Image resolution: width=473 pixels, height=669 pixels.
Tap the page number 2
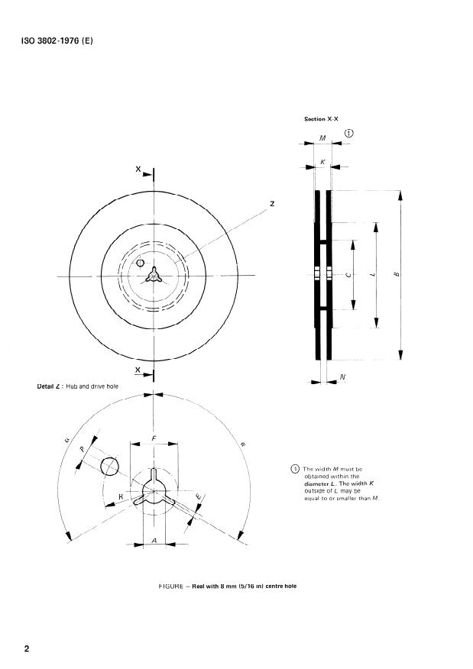(27, 649)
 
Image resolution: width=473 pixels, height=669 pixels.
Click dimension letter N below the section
(342, 377)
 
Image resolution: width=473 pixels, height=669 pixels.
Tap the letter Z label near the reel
(271, 204)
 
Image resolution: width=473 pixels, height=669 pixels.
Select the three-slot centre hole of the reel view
(154, 276)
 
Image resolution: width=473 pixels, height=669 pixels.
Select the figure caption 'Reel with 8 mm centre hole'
(227, 587)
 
